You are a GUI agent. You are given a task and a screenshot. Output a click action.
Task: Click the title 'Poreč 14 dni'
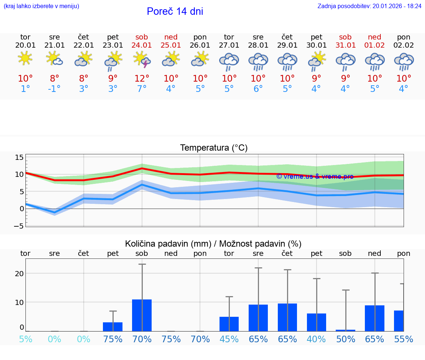tap(175, 11)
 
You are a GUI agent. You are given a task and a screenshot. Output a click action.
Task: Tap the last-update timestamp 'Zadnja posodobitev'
tap(369, 6)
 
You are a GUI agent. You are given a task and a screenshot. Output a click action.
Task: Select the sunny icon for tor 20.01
tap(25, 58)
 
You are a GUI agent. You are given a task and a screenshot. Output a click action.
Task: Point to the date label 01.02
tap(374, 45)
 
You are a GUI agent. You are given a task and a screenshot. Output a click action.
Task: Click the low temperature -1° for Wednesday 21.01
tap(54, 89)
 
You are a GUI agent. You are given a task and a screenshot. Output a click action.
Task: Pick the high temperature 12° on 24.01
tap(142, 78)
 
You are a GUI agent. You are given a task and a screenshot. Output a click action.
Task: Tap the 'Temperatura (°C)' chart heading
tap(214, 148)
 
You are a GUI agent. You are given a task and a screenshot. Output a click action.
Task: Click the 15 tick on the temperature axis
tap(19, 158)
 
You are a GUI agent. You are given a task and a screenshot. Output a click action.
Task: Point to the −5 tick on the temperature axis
tap(19, 226)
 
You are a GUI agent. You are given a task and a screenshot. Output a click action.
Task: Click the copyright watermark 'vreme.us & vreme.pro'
tap(315, 176)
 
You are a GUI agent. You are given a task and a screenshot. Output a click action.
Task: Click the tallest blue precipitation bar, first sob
tap(142, 315)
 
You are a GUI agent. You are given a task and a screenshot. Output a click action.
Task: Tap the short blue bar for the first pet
tap(113, 326)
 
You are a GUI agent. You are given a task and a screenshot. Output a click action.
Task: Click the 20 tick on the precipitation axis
tap(19, 274)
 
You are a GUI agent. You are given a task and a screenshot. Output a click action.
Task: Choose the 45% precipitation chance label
tap(229, 339)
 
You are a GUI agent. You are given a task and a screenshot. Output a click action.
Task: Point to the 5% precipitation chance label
tap(25, 339)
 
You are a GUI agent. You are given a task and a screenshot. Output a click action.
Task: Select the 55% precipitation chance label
tap(404, 339)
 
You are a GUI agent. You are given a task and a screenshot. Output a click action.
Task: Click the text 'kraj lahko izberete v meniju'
tap(41, 6)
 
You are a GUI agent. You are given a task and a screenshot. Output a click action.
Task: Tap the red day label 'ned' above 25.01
tap(171, 37)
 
